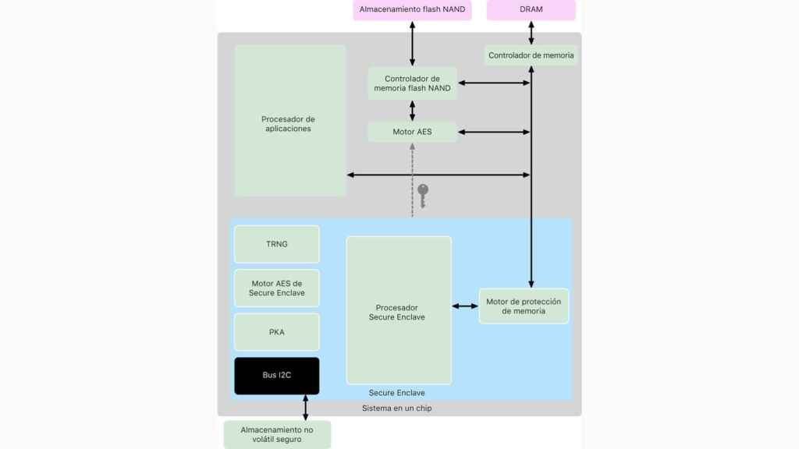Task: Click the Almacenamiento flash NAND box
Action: (412, 9)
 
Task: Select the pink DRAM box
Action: (531, 9)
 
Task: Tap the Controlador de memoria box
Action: (531, 55)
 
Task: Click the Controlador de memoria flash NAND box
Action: (412, 83)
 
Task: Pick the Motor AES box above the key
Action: (412, 132)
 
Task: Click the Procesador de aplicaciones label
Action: (288, 124)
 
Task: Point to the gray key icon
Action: (423, 195)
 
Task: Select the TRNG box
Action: (276, 244)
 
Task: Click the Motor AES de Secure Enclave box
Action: (276, 288)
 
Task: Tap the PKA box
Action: (276, 332)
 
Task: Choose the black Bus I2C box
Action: (276, 376)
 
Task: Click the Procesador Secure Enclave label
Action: (398, 312)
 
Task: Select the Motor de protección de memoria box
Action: (523, 306)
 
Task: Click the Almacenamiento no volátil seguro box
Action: (276, 434)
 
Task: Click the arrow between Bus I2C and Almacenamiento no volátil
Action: (305, 408)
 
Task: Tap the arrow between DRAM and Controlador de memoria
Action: (531, 33)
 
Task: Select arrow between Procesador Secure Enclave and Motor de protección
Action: (465, 306)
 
